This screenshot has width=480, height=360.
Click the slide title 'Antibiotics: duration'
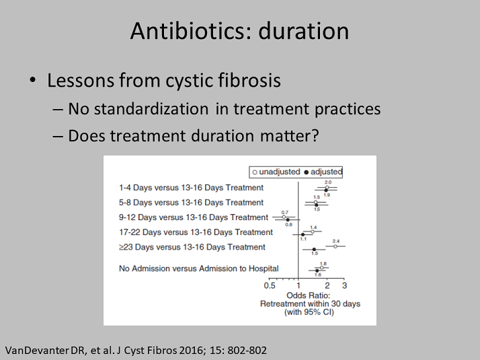click(239, 31)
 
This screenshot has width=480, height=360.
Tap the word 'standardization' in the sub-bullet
click(151, 109)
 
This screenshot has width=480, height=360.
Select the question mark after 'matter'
click(315, 135)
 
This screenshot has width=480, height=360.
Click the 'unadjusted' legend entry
click(276, 172)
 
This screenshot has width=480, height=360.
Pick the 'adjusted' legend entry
click(323, 172)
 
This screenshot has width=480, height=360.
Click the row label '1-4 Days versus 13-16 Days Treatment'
click(191, 188)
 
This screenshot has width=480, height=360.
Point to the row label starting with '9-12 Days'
click(194, 217)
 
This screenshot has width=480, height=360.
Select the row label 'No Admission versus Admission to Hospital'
click(199, 268)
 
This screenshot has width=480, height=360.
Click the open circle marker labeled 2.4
click(335, 246)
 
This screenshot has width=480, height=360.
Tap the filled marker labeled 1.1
click(303, 235)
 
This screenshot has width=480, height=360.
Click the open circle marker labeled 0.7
click(284, 217)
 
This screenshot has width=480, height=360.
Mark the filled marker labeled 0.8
click(288, 219)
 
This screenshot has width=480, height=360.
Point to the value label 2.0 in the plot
click(328, 182)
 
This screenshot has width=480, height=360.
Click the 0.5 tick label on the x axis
click(270, 285)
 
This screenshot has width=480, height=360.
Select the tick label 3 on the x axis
click(344, 285)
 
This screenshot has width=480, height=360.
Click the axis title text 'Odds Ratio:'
click(309, 295)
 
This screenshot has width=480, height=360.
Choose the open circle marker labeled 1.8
click(321, 268)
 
